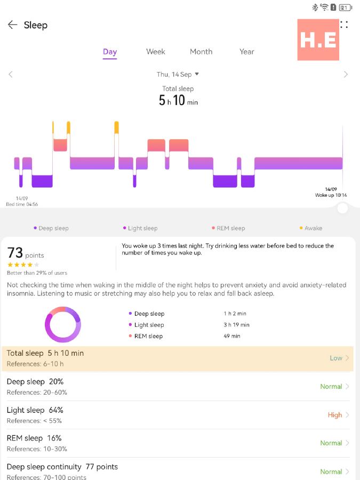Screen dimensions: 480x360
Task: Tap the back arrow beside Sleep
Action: click(x=12, y=25)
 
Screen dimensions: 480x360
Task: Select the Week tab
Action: click(x=156, y=52)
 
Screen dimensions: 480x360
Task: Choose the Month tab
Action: click(x=201, y=52)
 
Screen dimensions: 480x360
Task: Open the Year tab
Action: click(x=247, y=52)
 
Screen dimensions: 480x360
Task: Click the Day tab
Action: click(x=110, y=52)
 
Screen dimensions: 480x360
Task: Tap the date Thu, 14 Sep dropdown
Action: click(x=178, y=75)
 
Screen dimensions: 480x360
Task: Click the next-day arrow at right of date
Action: click(x=346, y=75)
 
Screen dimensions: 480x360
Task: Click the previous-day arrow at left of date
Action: click(x=11, y=75)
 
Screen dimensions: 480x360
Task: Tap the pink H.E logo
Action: click(x=318, y=40)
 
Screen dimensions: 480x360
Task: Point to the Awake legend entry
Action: click(x=311, y=228)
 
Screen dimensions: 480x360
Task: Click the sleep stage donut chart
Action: click(x=63, y=324)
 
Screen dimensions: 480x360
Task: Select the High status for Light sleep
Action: click(x=335, y=415)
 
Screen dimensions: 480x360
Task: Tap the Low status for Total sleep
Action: click(x=336, y=358)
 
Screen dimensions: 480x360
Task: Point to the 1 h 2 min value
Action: click(x=235, y=314)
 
